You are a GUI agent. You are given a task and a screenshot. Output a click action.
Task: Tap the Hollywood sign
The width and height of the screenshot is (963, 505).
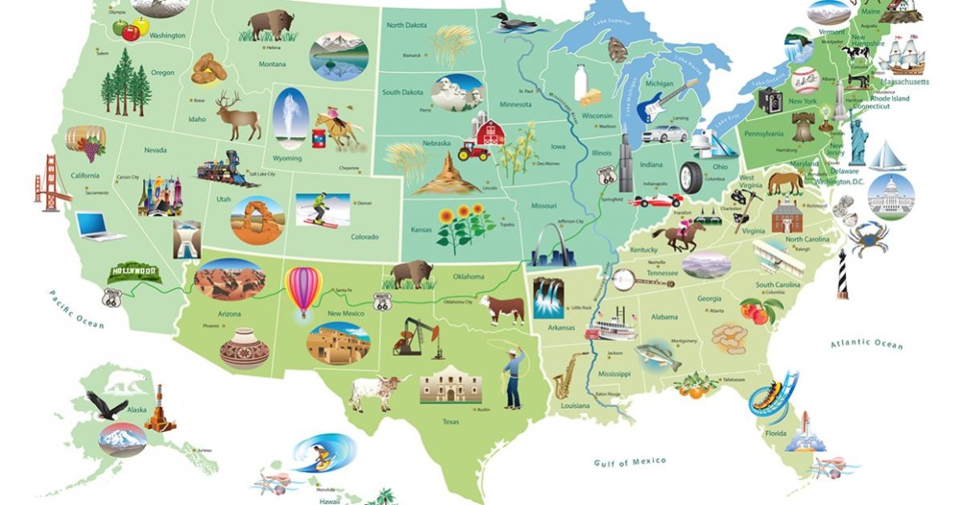point(134,272)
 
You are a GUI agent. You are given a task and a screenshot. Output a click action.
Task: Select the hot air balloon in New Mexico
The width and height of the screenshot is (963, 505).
point(304,290)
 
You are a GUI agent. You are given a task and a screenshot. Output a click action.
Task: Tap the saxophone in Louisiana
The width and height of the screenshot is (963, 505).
point(569,374)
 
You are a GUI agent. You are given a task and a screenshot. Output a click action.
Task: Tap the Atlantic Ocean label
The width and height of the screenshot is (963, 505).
point(866,344)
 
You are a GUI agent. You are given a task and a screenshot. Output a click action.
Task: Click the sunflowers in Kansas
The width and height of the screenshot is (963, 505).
point(465,225)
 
